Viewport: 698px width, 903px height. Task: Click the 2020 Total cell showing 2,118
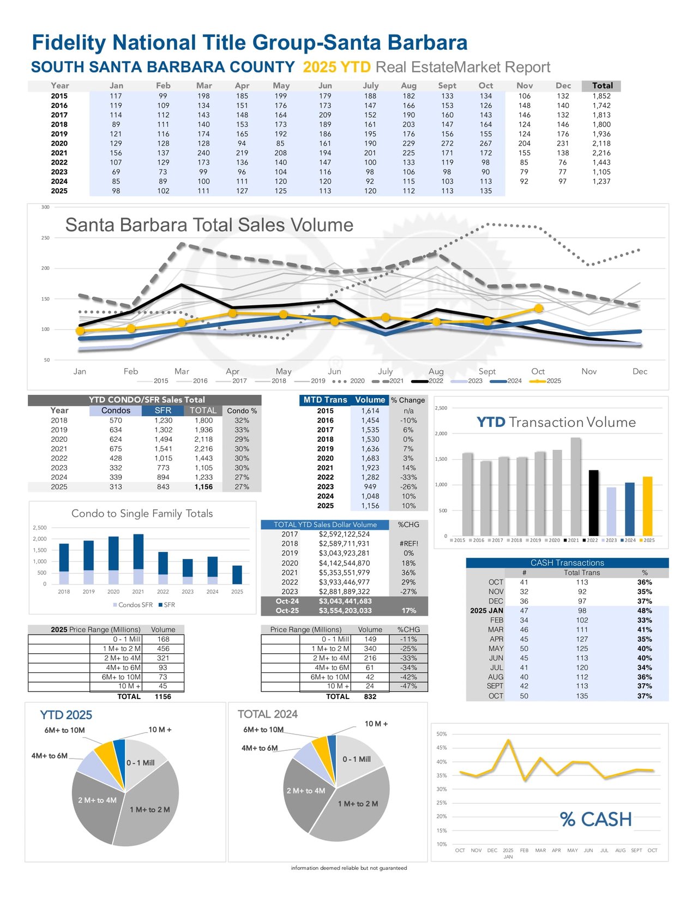(601, 143)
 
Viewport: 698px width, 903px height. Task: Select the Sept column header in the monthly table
(447, 86)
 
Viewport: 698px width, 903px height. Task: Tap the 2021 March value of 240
(203, 153)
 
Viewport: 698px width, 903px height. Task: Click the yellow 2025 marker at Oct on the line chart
(538, 309)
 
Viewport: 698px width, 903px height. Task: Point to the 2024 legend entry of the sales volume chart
(507, 381)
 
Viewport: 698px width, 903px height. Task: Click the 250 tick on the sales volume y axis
(45, 238)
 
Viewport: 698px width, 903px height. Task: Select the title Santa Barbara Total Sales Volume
(209, 225)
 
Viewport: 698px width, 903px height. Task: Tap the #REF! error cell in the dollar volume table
(408, 544)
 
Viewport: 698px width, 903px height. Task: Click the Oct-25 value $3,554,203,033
(345, 611)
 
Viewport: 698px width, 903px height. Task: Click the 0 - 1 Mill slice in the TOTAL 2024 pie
(357, 758)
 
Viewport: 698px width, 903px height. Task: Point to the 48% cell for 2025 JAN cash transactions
(645, 611)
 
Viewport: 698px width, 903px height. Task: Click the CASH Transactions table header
(567, 563)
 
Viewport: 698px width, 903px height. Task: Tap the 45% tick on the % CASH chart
(441, 748)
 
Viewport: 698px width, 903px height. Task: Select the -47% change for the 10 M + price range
(408, 687)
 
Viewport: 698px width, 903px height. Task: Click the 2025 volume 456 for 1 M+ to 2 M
(163, 649)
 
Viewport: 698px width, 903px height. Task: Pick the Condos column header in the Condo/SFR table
(116, 411)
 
